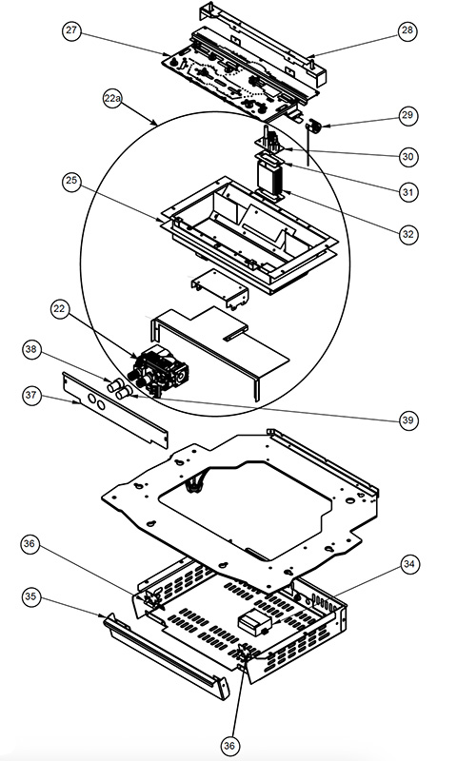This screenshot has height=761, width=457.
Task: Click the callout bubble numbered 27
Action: (x=71, y=31)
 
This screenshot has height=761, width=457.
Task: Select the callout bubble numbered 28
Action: (x=407, y=31)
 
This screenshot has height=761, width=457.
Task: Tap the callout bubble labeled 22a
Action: (x=112, y=99)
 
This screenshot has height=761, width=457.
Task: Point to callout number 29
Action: (x=407, y=115)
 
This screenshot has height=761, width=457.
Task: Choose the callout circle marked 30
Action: (x=407, y=157)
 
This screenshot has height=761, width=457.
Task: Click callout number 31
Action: (x=407, y=192)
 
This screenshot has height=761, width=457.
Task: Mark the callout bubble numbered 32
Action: (x=407, y=234)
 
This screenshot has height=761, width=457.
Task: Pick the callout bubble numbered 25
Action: (x=71, y=181)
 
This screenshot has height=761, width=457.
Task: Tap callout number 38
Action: (x=31, y=351)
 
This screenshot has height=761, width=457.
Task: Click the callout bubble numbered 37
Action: (x=31, y=395)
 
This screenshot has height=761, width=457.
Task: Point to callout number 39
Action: (x=407, y=420)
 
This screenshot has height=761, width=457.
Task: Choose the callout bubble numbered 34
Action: (x=409, y=564)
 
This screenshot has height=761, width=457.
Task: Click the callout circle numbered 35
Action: (x=31, y=596)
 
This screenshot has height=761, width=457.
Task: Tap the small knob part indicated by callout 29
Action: (x=314, y=128)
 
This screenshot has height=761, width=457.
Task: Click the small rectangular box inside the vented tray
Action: (x=255, y=622)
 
